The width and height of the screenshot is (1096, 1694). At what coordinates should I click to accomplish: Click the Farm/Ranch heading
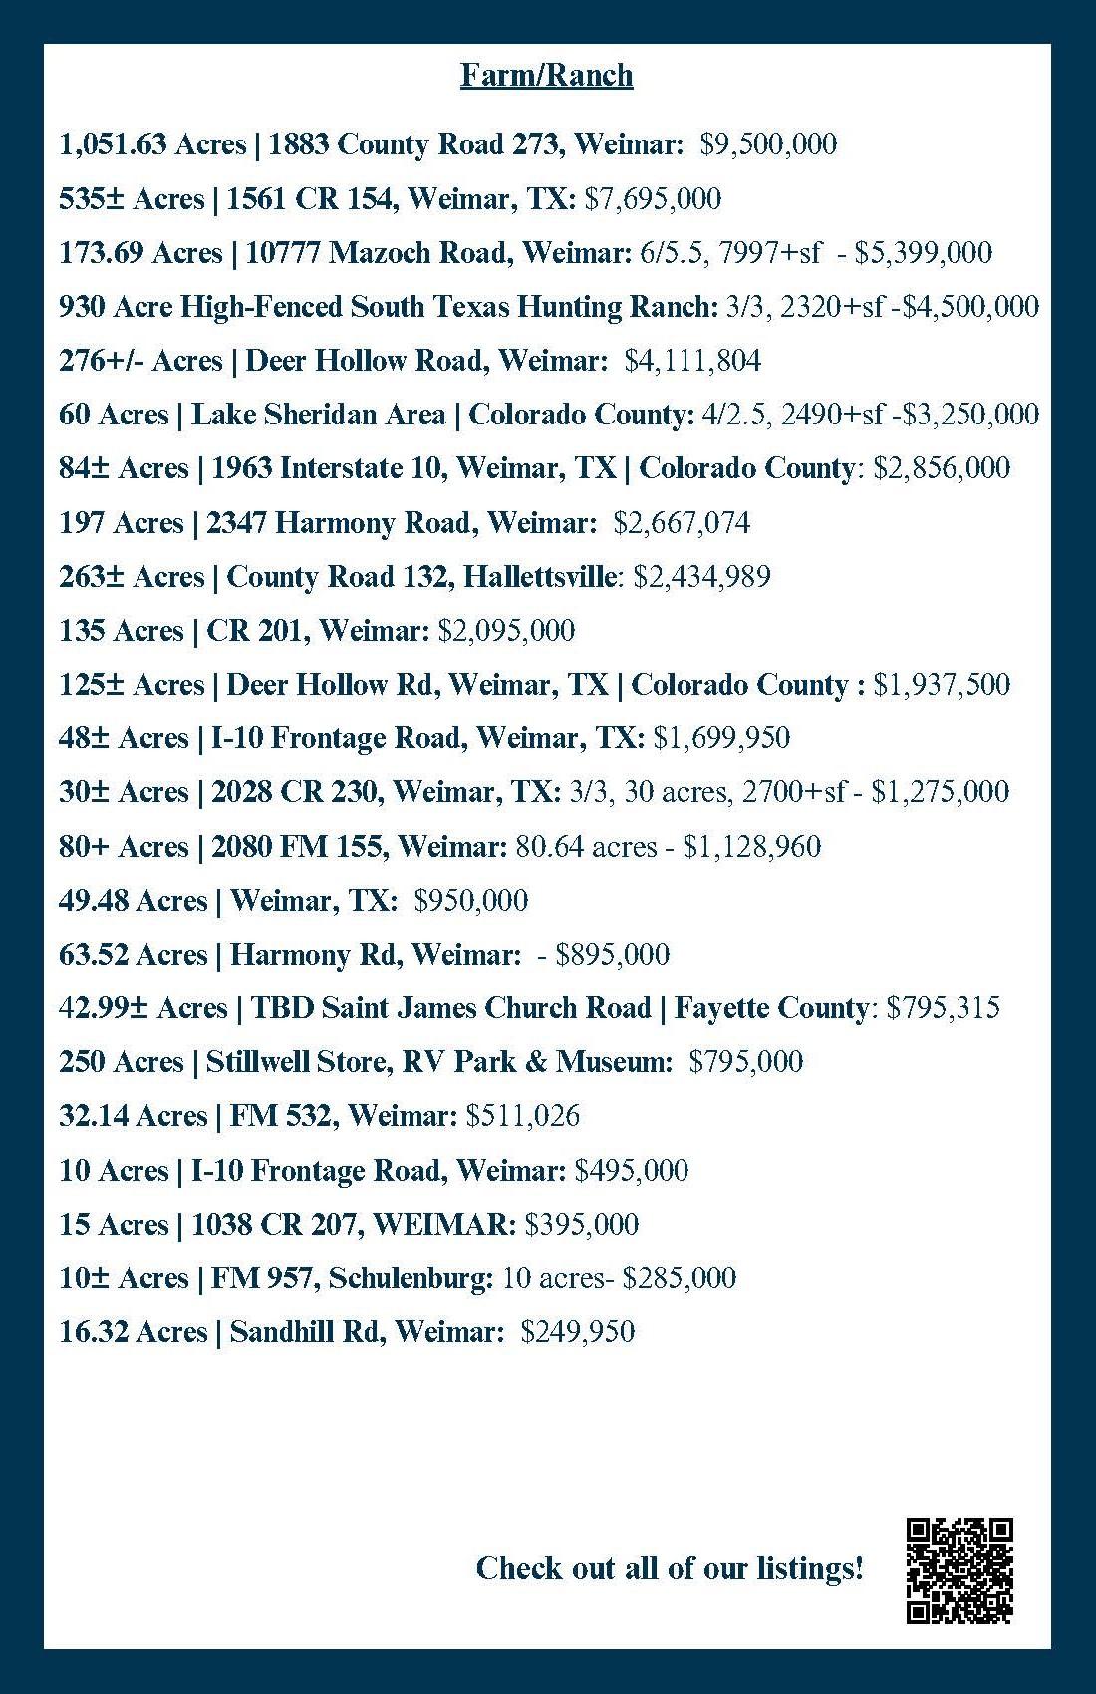(546, 75)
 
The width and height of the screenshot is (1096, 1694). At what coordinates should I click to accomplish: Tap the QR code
(959, 1570)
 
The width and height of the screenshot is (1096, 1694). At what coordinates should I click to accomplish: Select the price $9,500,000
(768, 144)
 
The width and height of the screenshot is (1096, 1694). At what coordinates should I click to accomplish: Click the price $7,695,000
(653, 198)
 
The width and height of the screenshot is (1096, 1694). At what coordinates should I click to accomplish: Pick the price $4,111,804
(692, 360)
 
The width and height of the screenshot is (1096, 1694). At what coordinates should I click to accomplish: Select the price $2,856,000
(942, 467)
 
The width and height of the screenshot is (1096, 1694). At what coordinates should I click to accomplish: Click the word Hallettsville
(539, 576)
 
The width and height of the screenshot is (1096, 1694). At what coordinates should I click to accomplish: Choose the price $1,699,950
(721, 737)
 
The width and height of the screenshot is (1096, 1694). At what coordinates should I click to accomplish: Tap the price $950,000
(470, 900)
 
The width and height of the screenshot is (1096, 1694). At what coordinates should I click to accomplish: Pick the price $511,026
(523, 1115)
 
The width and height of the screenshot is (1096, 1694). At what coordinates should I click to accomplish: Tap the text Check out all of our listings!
(670, 1568)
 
